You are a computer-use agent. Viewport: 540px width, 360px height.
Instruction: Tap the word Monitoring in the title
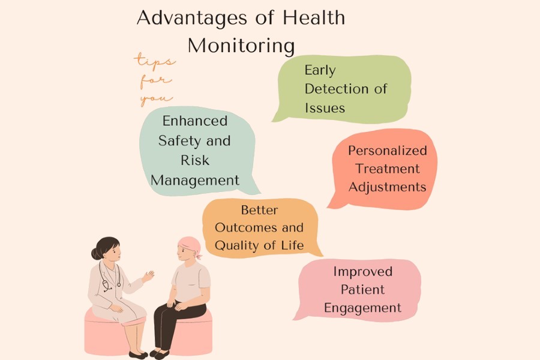click(x=241, y=46)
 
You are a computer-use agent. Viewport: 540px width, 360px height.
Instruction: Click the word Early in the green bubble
click(x=320, y=70)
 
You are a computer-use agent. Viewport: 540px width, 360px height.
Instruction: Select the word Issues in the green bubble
click(x=325, y=108)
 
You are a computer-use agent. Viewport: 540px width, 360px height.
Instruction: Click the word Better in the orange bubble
click(x=259, y=210)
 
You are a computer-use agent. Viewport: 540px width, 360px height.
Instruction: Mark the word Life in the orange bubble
click(x=292, y=245)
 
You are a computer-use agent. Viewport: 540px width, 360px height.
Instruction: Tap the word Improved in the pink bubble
click(x=362, y=271)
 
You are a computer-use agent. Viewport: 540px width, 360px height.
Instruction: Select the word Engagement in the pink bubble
click(x=362, y=308)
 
